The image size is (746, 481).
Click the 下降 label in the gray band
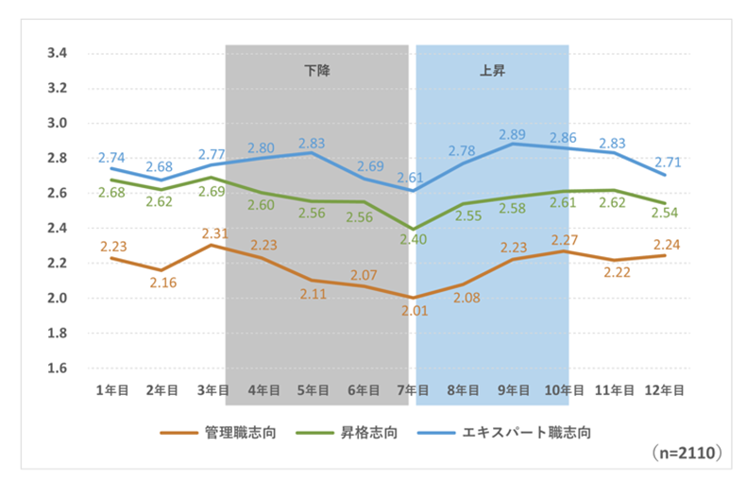317,70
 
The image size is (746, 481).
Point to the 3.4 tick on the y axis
56,54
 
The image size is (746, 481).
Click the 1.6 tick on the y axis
56,369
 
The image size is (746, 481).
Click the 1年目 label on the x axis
112,389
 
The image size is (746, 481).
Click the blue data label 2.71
666,163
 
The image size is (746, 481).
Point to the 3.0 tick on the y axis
56,124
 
